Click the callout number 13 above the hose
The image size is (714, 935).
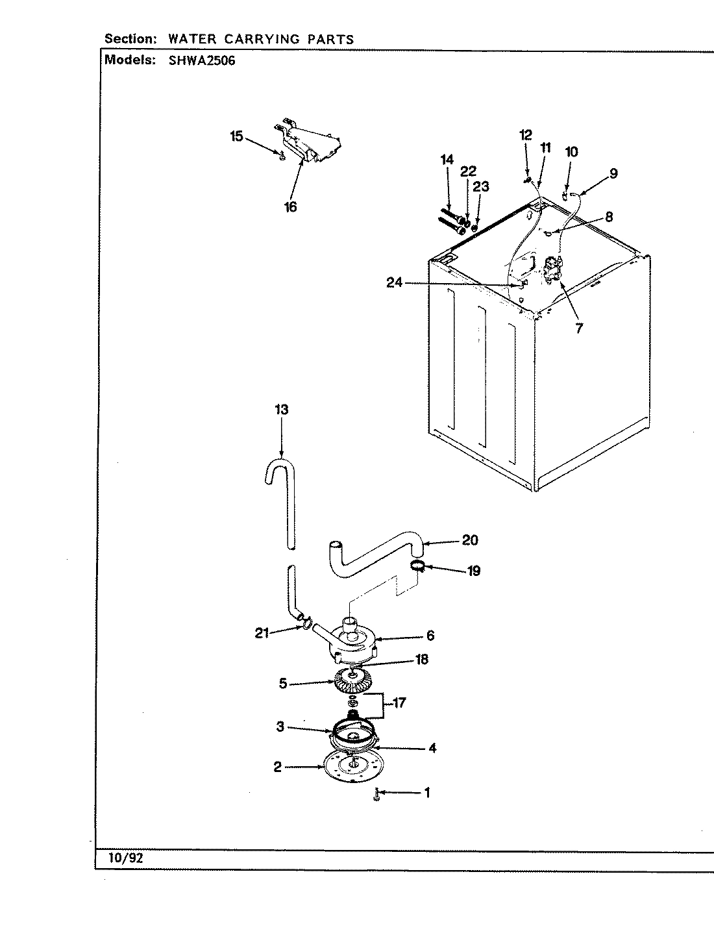281,410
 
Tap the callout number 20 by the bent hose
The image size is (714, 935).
470,540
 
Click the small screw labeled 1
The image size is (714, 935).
376,794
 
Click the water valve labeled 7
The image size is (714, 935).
552,269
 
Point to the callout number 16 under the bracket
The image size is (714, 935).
290,206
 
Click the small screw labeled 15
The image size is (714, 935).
281,155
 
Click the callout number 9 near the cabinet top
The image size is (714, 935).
613,173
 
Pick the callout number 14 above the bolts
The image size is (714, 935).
447,160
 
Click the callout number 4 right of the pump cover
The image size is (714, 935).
432,748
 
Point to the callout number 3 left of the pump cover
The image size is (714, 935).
280,727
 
